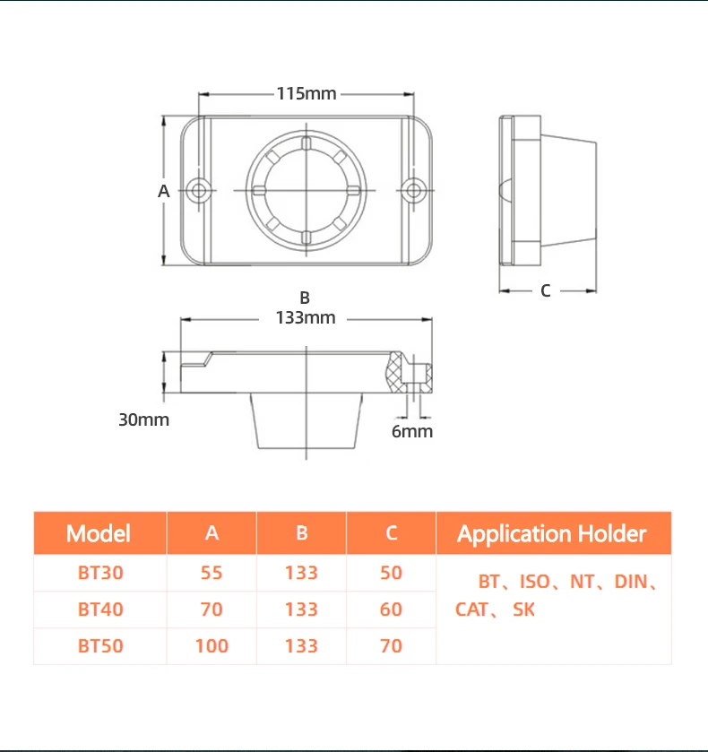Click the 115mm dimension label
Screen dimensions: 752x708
pyautogui.click(x=306, y=93)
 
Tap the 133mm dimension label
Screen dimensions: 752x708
pyautogui.click(x=306, y=317)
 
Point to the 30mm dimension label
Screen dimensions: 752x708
pyautogui.click(x=143, y=419)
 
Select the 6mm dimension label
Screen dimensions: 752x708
pyautogui.click(x=412, y=431)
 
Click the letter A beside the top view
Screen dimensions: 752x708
pyautogui.click(x=163, y=190)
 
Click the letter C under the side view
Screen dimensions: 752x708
pyautogui.click(x=545, y=290)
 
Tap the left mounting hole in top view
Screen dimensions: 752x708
pyautogui.click(x=200, y=190)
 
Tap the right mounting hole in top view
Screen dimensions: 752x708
pyautogui.click(x=412, y=190)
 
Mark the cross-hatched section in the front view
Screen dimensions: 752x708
pyautogui.click(x=395, y=371)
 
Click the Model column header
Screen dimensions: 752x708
pyautogui.click(x=99, y=533)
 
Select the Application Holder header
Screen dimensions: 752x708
pyautogui.click(x=552, y=533)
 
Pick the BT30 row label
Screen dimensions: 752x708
pyautogui.click(x=100, y=573)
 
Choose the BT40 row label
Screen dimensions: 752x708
pyautogui.click(x=100, y=609)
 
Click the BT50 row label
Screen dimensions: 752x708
pyautogui.click(x=100, y=646)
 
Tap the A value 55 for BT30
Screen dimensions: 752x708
pyautogui.click(x=212, y=573)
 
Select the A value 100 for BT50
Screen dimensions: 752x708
pyautogui.click(x=212, y=646)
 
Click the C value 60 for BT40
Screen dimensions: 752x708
pyautogui.click(x=391, y=609)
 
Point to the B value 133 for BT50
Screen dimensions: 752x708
pyautogui.click(x=301, y=646)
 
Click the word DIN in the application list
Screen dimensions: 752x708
pyautogui.click(x=631, y=582)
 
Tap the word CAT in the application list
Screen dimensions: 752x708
pyautogui.click(x=472, y=610)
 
